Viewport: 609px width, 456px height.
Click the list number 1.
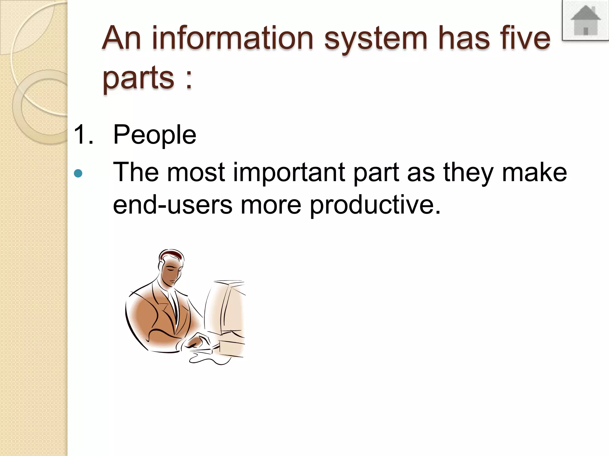tap(83, 135)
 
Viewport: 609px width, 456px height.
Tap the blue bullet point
tap(78, 173)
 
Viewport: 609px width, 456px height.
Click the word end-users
tap(172, 205)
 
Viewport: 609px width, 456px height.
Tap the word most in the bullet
tap(196, 173)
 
